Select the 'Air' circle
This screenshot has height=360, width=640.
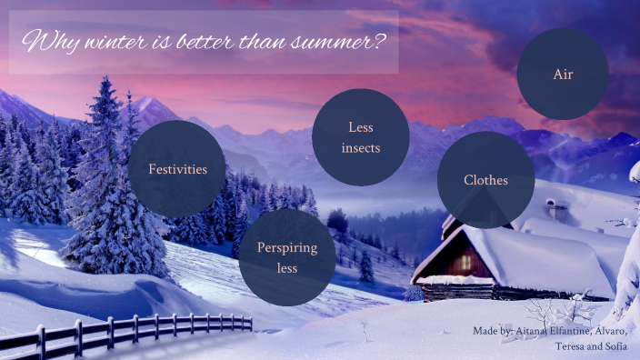pos(563,74)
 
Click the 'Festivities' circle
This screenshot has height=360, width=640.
pos(177,169)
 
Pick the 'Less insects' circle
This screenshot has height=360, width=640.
pos(360,137)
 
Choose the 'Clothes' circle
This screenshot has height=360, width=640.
pos(485,180)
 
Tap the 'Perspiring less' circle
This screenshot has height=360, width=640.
pos(288,257)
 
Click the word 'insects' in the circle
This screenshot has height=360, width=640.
pos(360,147)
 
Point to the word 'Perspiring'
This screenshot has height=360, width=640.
pos(288,247)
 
